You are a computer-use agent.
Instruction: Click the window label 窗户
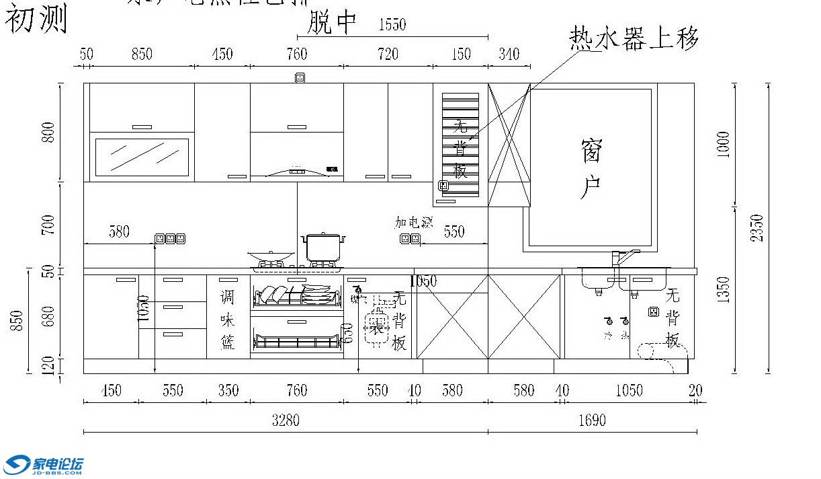(591, 169)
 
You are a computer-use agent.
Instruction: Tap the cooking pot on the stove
(323, 247)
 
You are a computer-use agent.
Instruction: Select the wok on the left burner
(271, 256)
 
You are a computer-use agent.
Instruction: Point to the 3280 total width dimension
(286, 420)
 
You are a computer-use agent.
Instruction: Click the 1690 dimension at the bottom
(592, 420)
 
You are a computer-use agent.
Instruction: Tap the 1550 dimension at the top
(392, 26)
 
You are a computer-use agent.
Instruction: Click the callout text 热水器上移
(634, 39)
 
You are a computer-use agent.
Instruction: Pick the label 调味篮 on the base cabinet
(228, 319)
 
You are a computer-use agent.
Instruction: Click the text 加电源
(413, 223)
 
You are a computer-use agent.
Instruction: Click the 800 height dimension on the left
(48, 135)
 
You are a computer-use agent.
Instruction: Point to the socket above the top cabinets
(300, 77)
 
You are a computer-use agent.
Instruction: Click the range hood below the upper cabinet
(297, 170)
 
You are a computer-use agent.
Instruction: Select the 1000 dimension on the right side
(723, 144)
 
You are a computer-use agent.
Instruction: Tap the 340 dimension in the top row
(509, 54)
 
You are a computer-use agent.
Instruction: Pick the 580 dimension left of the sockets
(119, 232)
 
